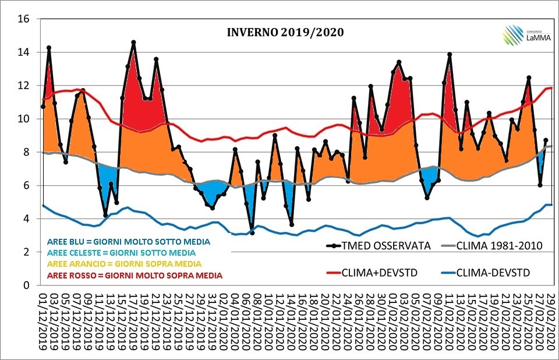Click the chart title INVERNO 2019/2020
[285, 31]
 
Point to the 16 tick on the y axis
[24, 19]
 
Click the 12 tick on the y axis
[24, 85]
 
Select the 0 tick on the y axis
[26, 285]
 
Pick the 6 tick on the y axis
[26, 185]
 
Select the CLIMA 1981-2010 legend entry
[499, 245]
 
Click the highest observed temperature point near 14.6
[133, 42]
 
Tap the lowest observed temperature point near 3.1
[252, 233]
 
